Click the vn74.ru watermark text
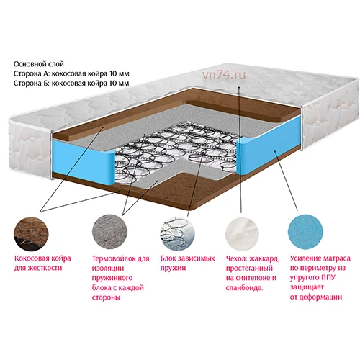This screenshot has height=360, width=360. click(224, 75)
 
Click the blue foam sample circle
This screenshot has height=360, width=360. click(305, 233)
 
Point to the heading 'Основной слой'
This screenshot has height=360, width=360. click(39, 64)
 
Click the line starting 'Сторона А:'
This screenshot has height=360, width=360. click(71, 73)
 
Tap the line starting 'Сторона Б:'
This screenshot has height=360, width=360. click(71, 83)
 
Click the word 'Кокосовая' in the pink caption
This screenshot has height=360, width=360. click(32, 258)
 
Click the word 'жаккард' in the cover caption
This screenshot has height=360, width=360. click(264, 259)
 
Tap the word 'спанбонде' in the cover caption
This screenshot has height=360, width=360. click(244, 287)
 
